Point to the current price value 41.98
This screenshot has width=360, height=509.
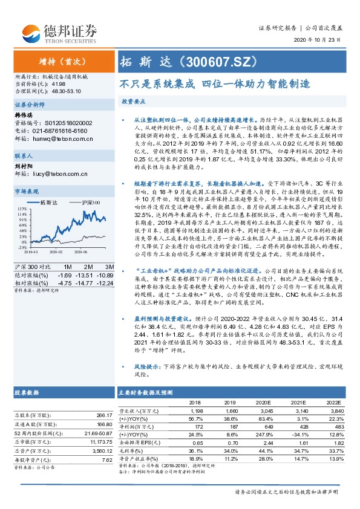click(x=59, y=84)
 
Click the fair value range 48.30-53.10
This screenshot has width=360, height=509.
click(x=68, y=91)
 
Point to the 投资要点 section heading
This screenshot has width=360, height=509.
click(x=134, y=103)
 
